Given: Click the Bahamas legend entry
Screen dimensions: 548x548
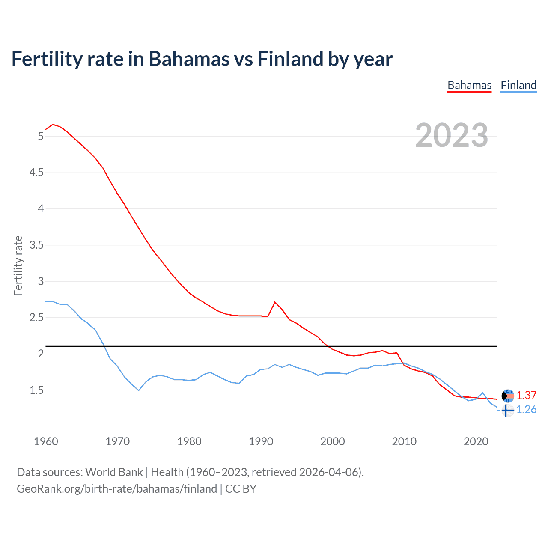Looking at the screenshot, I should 469,85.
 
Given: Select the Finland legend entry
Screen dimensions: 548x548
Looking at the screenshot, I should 518,85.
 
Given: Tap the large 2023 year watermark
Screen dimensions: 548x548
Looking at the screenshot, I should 451,135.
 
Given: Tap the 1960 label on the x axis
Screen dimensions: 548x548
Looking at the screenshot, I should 46,441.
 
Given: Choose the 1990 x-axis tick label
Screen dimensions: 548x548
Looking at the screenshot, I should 261,441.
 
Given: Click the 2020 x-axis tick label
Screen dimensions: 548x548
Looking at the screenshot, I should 476,441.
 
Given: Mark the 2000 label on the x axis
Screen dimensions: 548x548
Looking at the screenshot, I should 332,441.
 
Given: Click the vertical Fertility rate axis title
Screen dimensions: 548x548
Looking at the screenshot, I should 18,265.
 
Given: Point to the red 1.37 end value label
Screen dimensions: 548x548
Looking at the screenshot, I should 526,395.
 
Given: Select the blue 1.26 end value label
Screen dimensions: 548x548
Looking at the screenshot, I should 526,410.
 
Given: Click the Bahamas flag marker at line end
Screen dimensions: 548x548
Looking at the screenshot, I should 507,396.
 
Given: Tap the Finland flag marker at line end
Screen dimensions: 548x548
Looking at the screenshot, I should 507,411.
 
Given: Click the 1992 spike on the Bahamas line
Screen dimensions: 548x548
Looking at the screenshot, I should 275,302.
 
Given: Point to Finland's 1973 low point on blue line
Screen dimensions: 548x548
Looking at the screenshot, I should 139,390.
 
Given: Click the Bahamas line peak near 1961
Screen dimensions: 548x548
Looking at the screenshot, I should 53,125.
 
